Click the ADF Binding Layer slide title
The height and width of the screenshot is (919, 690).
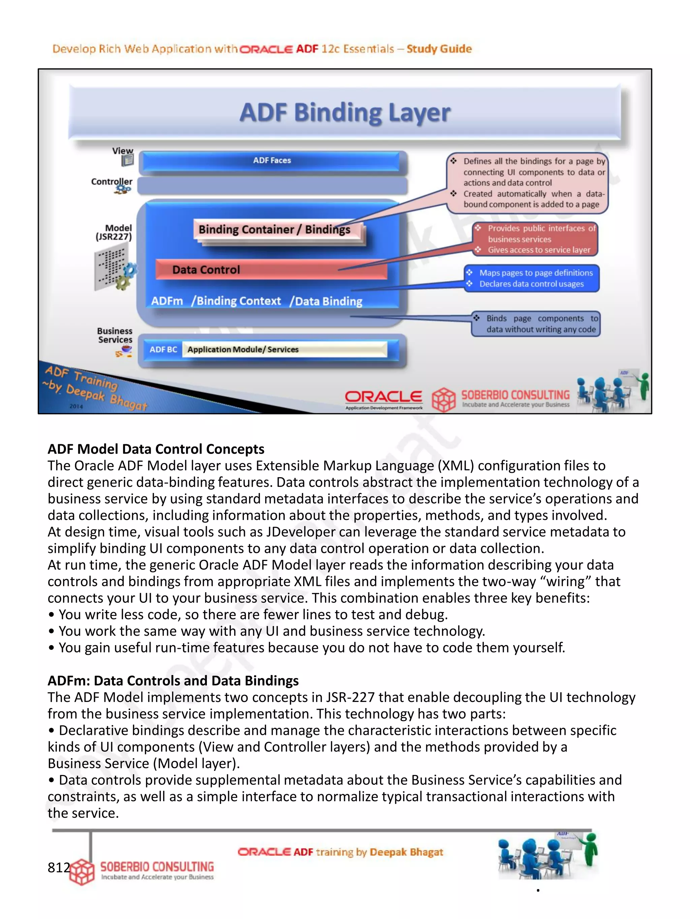344,113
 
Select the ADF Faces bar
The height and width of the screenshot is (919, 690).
272,161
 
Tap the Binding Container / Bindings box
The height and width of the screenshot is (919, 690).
275,230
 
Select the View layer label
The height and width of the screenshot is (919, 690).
123,151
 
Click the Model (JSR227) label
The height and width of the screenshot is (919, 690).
114,232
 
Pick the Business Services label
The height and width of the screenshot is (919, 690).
115,335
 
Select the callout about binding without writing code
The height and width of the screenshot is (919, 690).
536,324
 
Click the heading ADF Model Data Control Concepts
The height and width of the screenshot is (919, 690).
156,449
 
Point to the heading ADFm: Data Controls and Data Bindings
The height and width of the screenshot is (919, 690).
173,680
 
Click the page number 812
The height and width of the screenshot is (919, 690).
58,868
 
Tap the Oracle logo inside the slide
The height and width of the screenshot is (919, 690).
383,397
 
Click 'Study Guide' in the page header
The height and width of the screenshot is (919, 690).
439,49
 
